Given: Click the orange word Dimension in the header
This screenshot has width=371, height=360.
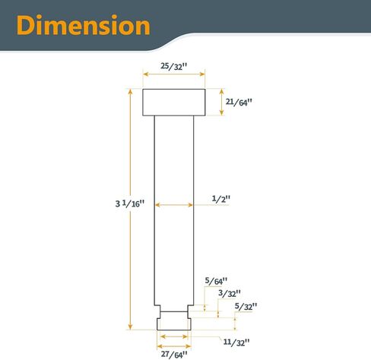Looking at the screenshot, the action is (x=84, y=25).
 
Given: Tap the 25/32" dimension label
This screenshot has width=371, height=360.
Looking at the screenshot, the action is (x=174, y=66).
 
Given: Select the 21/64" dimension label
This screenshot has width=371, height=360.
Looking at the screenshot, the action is (x=239, y=102).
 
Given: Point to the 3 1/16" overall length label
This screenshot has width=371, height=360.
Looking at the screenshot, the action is (x=130, y=204).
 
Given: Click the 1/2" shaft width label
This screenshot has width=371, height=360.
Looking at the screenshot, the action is (x=221, y=199).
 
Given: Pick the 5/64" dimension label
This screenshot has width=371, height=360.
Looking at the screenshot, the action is (x=216, y=281).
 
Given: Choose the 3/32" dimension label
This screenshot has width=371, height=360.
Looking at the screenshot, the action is (x=230, y=293).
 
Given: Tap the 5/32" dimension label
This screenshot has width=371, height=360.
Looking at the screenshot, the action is (x=246, y=306).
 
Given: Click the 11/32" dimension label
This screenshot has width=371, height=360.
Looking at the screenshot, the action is (x=236, y=343).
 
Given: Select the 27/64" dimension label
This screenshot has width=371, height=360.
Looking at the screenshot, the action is (x=174, y=354).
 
